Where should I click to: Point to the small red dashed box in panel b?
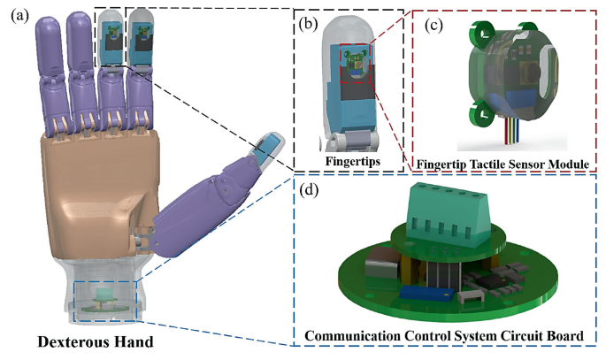point(353,67)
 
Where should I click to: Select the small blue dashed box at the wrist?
point(105,300)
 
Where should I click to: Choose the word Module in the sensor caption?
point(561,162)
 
